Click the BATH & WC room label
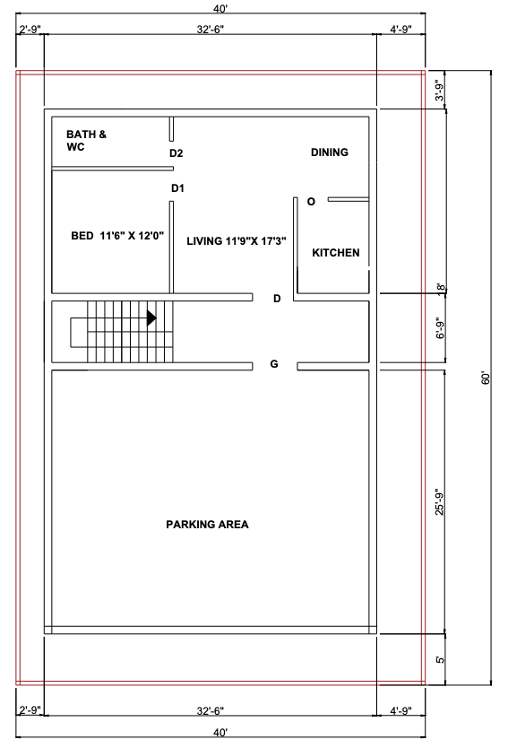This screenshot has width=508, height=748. pyautogui.click(x=86, y=141)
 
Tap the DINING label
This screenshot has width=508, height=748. pyautogui.click(x=329, y=152)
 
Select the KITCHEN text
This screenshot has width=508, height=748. pyautogui.click(x=335, y=253)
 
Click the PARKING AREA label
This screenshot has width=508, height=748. pyautogui.click(x=207, y=525)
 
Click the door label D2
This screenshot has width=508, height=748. pyautogui.click(x=177, y=153)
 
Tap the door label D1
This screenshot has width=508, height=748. pyautogui.click(x=177, y=188)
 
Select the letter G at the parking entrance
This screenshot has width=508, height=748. pyautogui.click(x=274, y=364)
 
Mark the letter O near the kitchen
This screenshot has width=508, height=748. pyautogui.click(x=311, y=202)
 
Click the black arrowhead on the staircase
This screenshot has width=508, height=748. pyautogui.click(x=151, y=317)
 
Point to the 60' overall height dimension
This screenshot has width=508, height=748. pyautogui.click(x=485, y=378)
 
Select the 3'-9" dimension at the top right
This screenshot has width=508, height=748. pyautogui.click(x=439, y=91)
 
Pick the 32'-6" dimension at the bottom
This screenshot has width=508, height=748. pyautogui.click(x=210, y=711)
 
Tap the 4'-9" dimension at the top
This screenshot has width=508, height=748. pyautogui.click(x=400, y=30)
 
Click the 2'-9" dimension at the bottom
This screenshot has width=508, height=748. pyautogui.click(x=30, y=711)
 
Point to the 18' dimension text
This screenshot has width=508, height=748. pyautogui.click(x=439, y=288)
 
